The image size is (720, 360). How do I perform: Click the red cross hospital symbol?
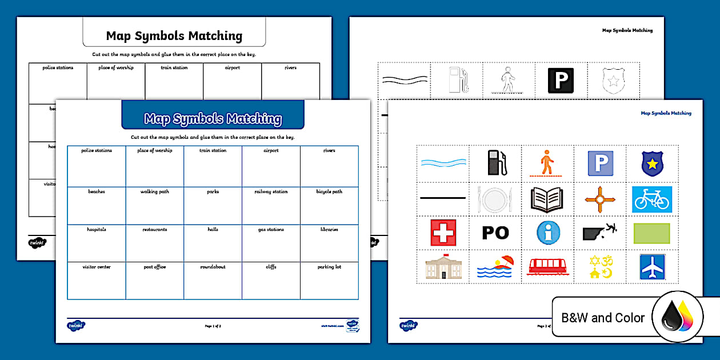pos(443,233)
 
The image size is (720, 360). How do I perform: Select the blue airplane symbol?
pos(652,267)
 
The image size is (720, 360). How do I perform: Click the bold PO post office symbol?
pos(495,233)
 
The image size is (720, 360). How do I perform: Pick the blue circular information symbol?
pos(548,233)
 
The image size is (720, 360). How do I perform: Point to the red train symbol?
pos(548,266)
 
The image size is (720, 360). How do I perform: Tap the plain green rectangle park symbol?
pos(652,233)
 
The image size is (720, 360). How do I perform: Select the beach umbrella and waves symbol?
pos(495,266)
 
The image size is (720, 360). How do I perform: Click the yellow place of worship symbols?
pos(599,267)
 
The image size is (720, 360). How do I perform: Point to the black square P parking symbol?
pos(561,81)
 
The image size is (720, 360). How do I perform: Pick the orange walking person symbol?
pos(547,162)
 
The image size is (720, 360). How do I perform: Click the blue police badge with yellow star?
pos(652,163)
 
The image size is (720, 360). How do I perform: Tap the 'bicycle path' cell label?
pos(329,192)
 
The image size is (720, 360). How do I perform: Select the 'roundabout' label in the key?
pos(213,267)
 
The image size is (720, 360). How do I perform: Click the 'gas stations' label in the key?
pos(271,230)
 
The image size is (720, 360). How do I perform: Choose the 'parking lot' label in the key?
pos(329,267)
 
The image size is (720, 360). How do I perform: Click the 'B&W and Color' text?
pos(603,318)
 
